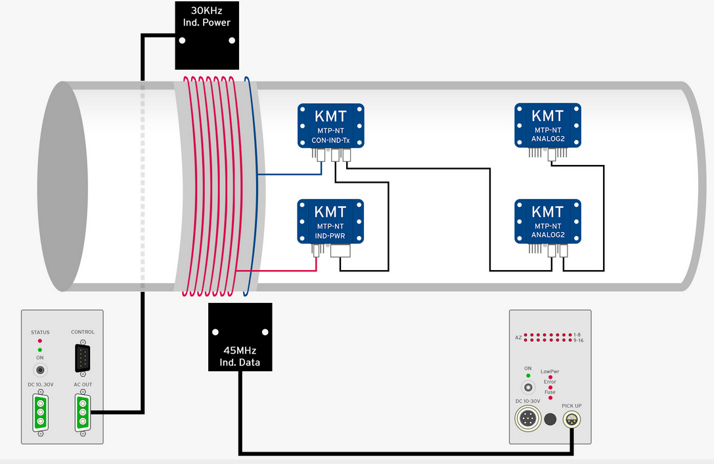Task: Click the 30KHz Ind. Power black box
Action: (207, 35)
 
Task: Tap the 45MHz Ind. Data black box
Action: (240, 337)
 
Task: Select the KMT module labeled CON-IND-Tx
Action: (330, 126)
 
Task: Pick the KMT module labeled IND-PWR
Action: (330, 221)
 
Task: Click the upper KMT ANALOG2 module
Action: (548, 126)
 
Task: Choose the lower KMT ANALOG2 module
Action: (548, 221)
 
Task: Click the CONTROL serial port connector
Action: (82, 358)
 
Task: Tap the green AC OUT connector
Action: (82, 412)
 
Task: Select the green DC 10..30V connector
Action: (41, 412)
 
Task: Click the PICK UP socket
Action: (571, 419)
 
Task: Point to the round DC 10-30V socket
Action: (527, 418)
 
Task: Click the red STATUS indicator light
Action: (40, 341)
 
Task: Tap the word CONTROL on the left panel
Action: (83, 332)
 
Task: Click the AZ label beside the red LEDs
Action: (518, 338)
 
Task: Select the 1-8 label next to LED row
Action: (577, 335)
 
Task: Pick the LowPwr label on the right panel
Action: (550, 371)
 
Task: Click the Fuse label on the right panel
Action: (550, 392)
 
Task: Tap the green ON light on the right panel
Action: (528, 375)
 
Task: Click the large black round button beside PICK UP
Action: (550, 419)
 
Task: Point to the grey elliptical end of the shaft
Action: (62, 187)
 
